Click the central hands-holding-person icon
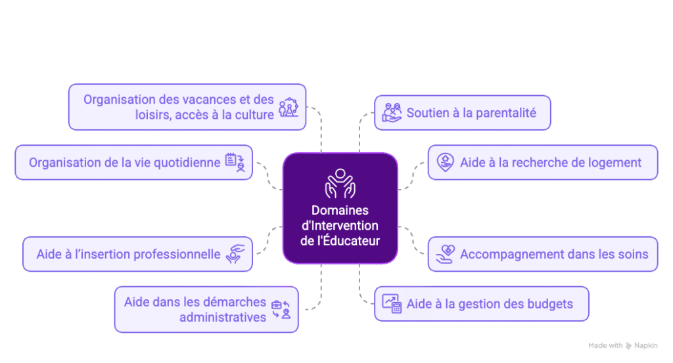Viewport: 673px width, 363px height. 340,183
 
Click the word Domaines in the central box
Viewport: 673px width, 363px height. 340,211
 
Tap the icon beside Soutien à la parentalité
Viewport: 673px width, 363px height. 392,113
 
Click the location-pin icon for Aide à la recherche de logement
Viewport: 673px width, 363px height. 446,161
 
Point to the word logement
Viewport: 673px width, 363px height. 615,162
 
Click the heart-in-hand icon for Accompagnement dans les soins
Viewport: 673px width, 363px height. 446,254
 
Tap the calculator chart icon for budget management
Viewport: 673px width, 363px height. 392,303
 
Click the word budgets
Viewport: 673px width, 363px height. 551,304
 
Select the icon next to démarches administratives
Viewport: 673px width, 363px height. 281,309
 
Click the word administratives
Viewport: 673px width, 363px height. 223,317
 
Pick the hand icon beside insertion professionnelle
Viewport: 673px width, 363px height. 235,254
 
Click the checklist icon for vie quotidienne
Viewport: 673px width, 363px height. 235,162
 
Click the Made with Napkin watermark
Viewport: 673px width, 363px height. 623,345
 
